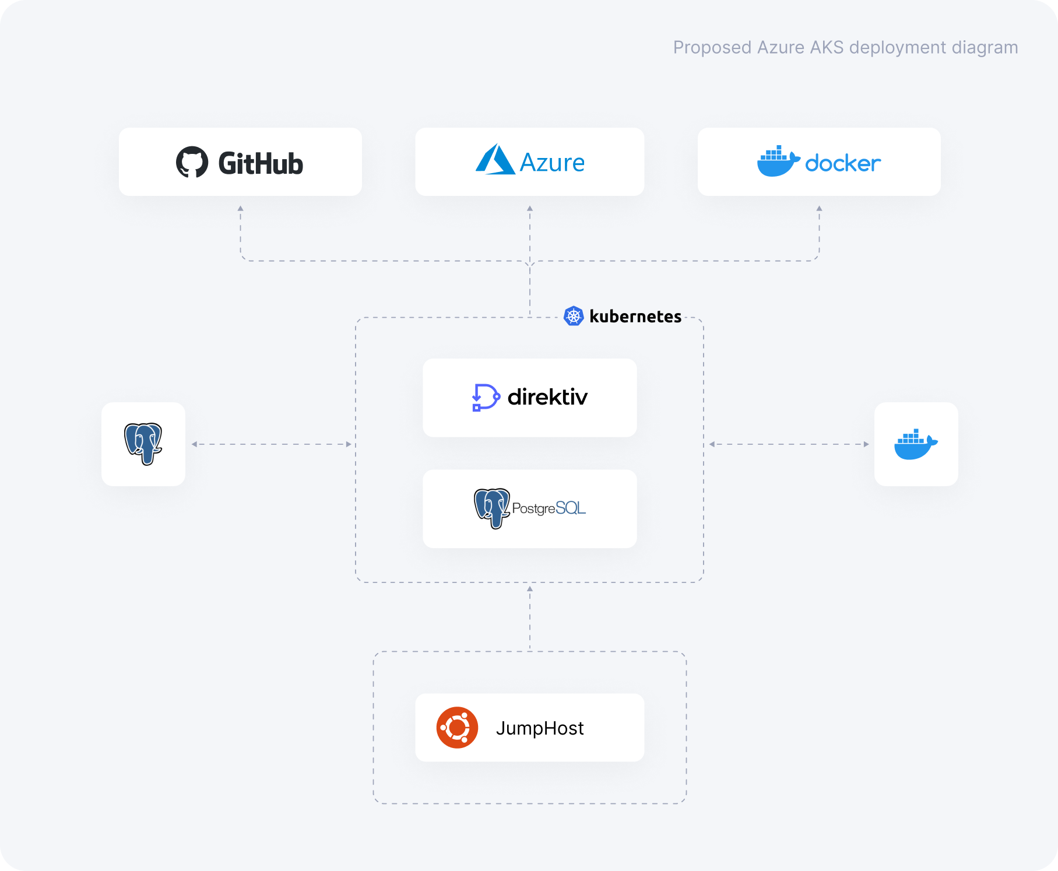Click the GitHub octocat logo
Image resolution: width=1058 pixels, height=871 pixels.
pos(192,162)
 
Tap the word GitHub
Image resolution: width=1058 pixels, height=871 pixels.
pos(261,163)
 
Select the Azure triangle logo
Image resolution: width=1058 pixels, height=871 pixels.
pos(495,160)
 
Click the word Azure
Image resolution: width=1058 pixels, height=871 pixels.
pos(551,163)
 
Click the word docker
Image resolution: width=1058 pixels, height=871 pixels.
pos(842,164)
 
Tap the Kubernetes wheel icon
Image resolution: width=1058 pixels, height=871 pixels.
pos(574,316)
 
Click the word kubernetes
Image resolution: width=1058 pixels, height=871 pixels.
pos(635,317)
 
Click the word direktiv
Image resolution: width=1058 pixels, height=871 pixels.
pos(547,397)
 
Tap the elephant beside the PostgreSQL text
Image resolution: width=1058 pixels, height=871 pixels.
pos(492,508)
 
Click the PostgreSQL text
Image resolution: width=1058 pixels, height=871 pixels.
pos(549,508)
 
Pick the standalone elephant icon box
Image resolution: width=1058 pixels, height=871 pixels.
pos(143,444)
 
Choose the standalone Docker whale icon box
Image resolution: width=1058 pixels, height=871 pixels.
pos(916,444)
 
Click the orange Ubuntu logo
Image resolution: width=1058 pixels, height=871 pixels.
pos(457,728)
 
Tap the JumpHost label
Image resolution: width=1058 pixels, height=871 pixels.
pos(540,728)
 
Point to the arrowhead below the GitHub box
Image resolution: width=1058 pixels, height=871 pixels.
pos(240,208)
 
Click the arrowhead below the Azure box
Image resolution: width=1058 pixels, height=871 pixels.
pos(530,208)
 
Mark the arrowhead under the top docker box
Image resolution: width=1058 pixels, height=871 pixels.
pos(819,208)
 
